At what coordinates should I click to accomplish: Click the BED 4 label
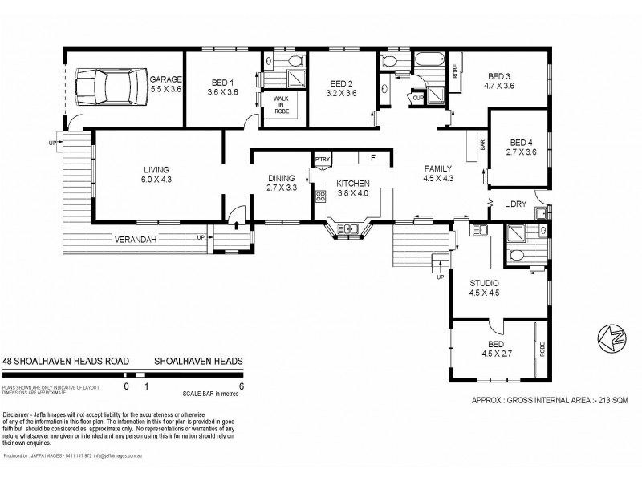522,147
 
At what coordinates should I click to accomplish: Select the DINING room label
281,183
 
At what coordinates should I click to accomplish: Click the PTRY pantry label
323,159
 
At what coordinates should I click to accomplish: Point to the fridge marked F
372,158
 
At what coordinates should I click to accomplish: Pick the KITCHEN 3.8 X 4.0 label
352,188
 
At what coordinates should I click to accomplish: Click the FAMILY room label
439,173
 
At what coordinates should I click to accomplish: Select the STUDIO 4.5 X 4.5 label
484,288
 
